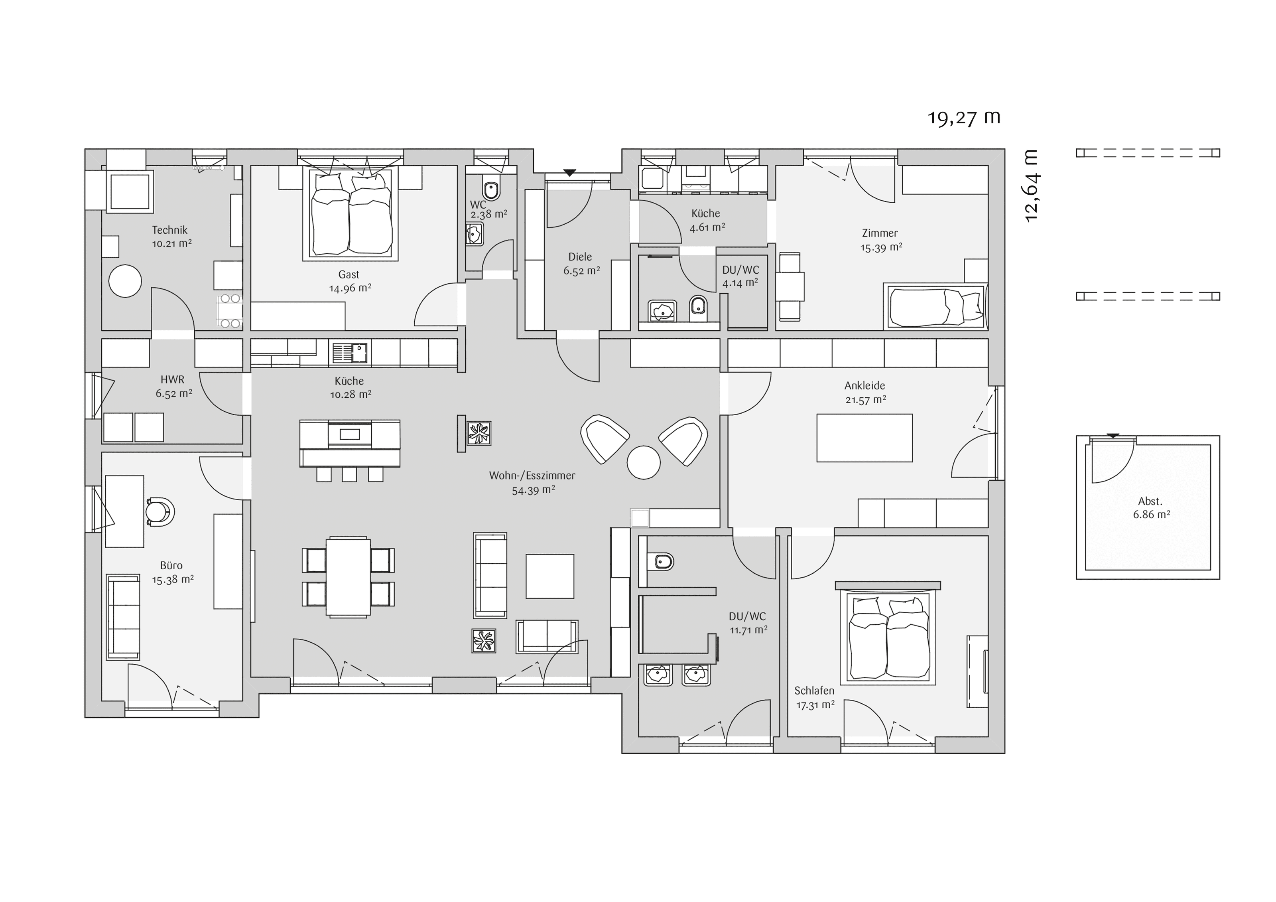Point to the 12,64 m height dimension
(1031, 186)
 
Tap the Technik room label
(169, 230)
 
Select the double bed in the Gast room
(350, 213)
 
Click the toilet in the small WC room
(491, 189)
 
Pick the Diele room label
(580, 257)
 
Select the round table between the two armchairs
(644, 462)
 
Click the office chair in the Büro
(160, 511)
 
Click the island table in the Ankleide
(864, 438)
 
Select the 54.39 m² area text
(533, 490)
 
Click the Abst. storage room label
(1150, 501)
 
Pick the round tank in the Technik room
(125, 281)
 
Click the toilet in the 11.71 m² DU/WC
(662, 562)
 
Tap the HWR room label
(172, 380)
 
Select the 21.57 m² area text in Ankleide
(865, 399)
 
